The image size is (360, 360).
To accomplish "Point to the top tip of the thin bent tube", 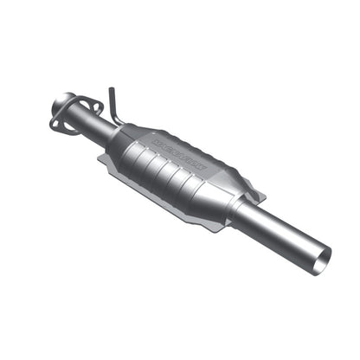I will click(110, 89).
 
